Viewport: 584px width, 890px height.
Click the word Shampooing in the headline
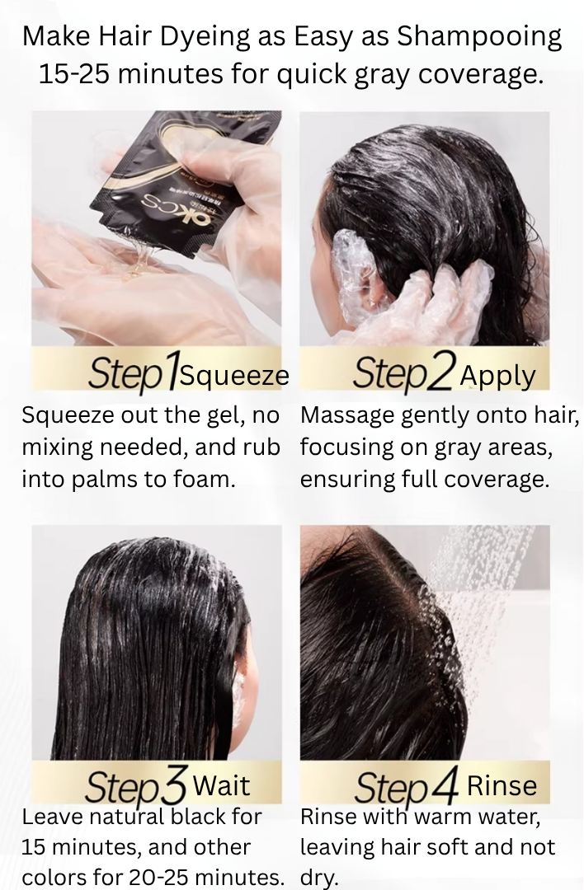click(x=478, y=37)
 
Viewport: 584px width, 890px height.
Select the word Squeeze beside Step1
click(x=234, y=376)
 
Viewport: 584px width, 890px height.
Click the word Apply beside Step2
click(x=497, y=376)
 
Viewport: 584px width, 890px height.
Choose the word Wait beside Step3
click(x=221, y=785)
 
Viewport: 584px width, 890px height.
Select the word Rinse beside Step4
click(x=502, y=785)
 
